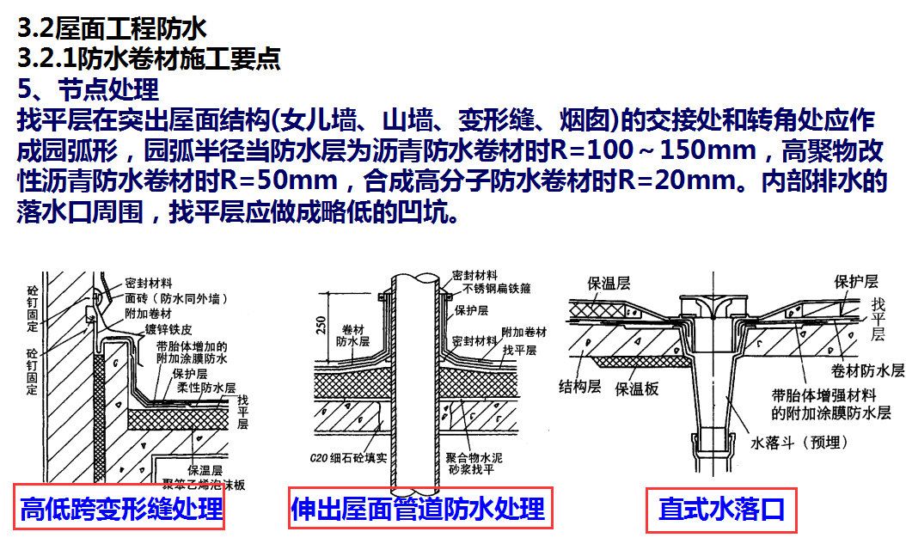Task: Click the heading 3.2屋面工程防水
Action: point(112,28)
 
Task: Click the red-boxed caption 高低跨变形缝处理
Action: point(120,510)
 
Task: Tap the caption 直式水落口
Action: point(721,510)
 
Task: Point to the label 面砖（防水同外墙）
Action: point(175,298)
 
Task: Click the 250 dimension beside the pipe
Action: point(321,325)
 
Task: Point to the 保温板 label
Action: point(637,388)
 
